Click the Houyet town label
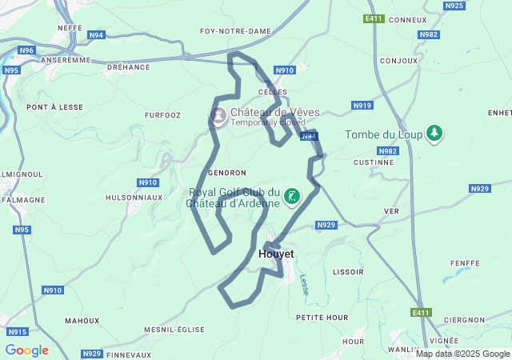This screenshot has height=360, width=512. [277, 254]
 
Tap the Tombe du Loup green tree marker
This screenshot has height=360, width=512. [434, 134]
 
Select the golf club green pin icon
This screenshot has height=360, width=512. [292, 197]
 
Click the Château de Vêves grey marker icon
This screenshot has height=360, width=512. [218, 117]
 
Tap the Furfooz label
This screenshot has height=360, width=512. [162, 115]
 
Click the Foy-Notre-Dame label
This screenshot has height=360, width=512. [235, 31]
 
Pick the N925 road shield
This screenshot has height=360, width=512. [454, 6]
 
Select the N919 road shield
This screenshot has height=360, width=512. [362, 106]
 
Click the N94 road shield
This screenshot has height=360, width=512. [97, 35]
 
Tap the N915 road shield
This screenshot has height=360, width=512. [17, 331]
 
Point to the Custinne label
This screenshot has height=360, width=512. [373, 162]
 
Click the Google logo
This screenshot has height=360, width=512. [26, 350]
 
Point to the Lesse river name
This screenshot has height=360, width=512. [304, 285]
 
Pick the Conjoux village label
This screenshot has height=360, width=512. [399, 61]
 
